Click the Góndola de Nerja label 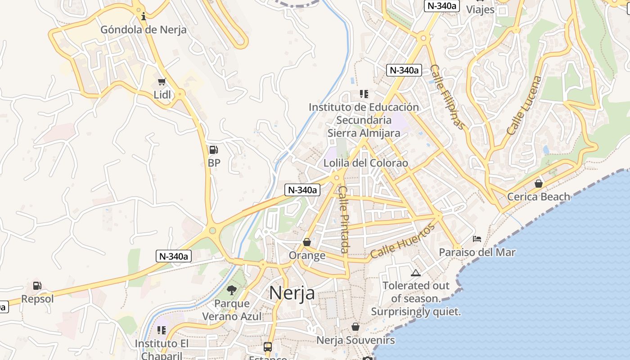point(143,30)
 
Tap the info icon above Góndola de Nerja point(144,17)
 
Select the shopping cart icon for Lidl point(162,82)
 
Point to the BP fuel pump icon point(214,150)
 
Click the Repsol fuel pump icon point(37,285)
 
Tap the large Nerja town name point(292,293)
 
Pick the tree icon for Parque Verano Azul point(232,290)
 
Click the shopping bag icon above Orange point(307,243)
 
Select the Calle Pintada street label point(344,219)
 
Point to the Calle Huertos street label point(403,242)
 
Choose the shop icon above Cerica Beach point(538,184)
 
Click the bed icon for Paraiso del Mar point(477,238)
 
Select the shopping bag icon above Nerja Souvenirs point(355,327)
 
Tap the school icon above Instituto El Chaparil point(162,330)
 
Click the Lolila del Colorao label point(366,163)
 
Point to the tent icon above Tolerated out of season point(415,273)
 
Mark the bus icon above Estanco point(268,347)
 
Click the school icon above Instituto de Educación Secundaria point(364,94)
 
